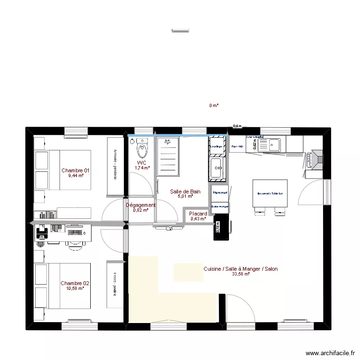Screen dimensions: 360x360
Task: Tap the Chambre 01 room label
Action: [x=75, y=170]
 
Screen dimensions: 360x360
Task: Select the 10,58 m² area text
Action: [x=75, y=288]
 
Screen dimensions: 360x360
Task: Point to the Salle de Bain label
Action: [x=185, y=192]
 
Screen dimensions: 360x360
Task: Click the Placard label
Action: [x=198, y=214]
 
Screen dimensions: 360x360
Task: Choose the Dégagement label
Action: [x=141, y=205]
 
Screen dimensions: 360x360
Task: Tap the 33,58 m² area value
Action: [x=240, y=275]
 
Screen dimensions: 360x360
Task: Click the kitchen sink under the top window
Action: [x=275, y=144]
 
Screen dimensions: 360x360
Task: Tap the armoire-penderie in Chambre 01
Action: [x=115, y=167]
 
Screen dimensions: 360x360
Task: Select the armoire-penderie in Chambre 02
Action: [x=115, y=284]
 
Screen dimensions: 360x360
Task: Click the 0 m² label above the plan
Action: [x=214, y=105]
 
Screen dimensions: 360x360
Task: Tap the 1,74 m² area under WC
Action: [x=142, y=168]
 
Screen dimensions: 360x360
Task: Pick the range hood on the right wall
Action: [x=316, y=159]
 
